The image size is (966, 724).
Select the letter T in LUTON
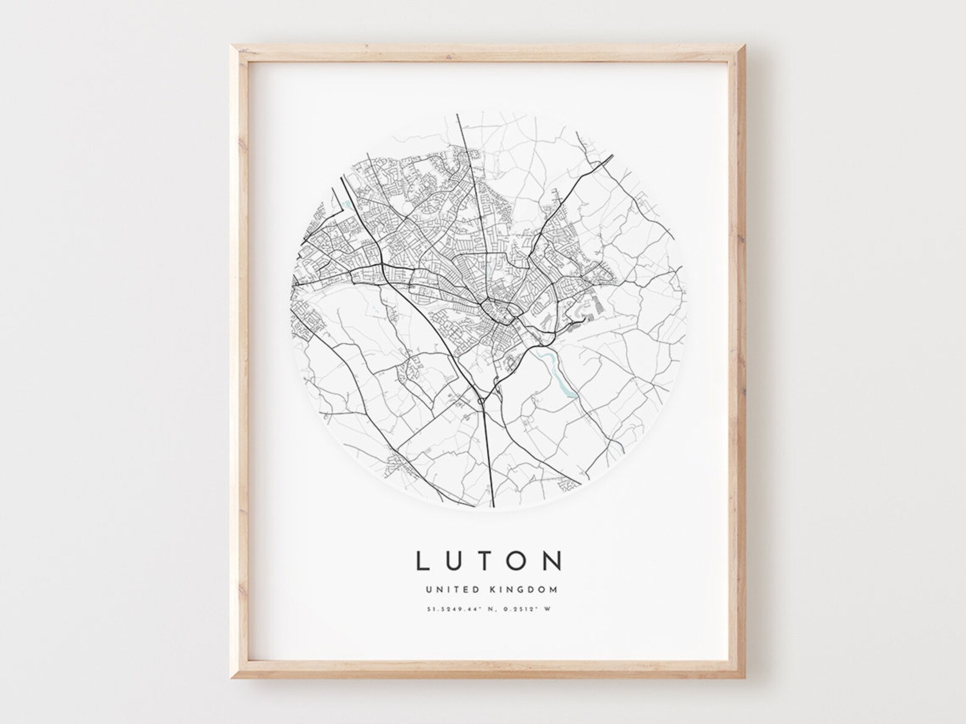click(x=487, y=560)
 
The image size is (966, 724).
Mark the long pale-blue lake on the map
click(x=558, y=373)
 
